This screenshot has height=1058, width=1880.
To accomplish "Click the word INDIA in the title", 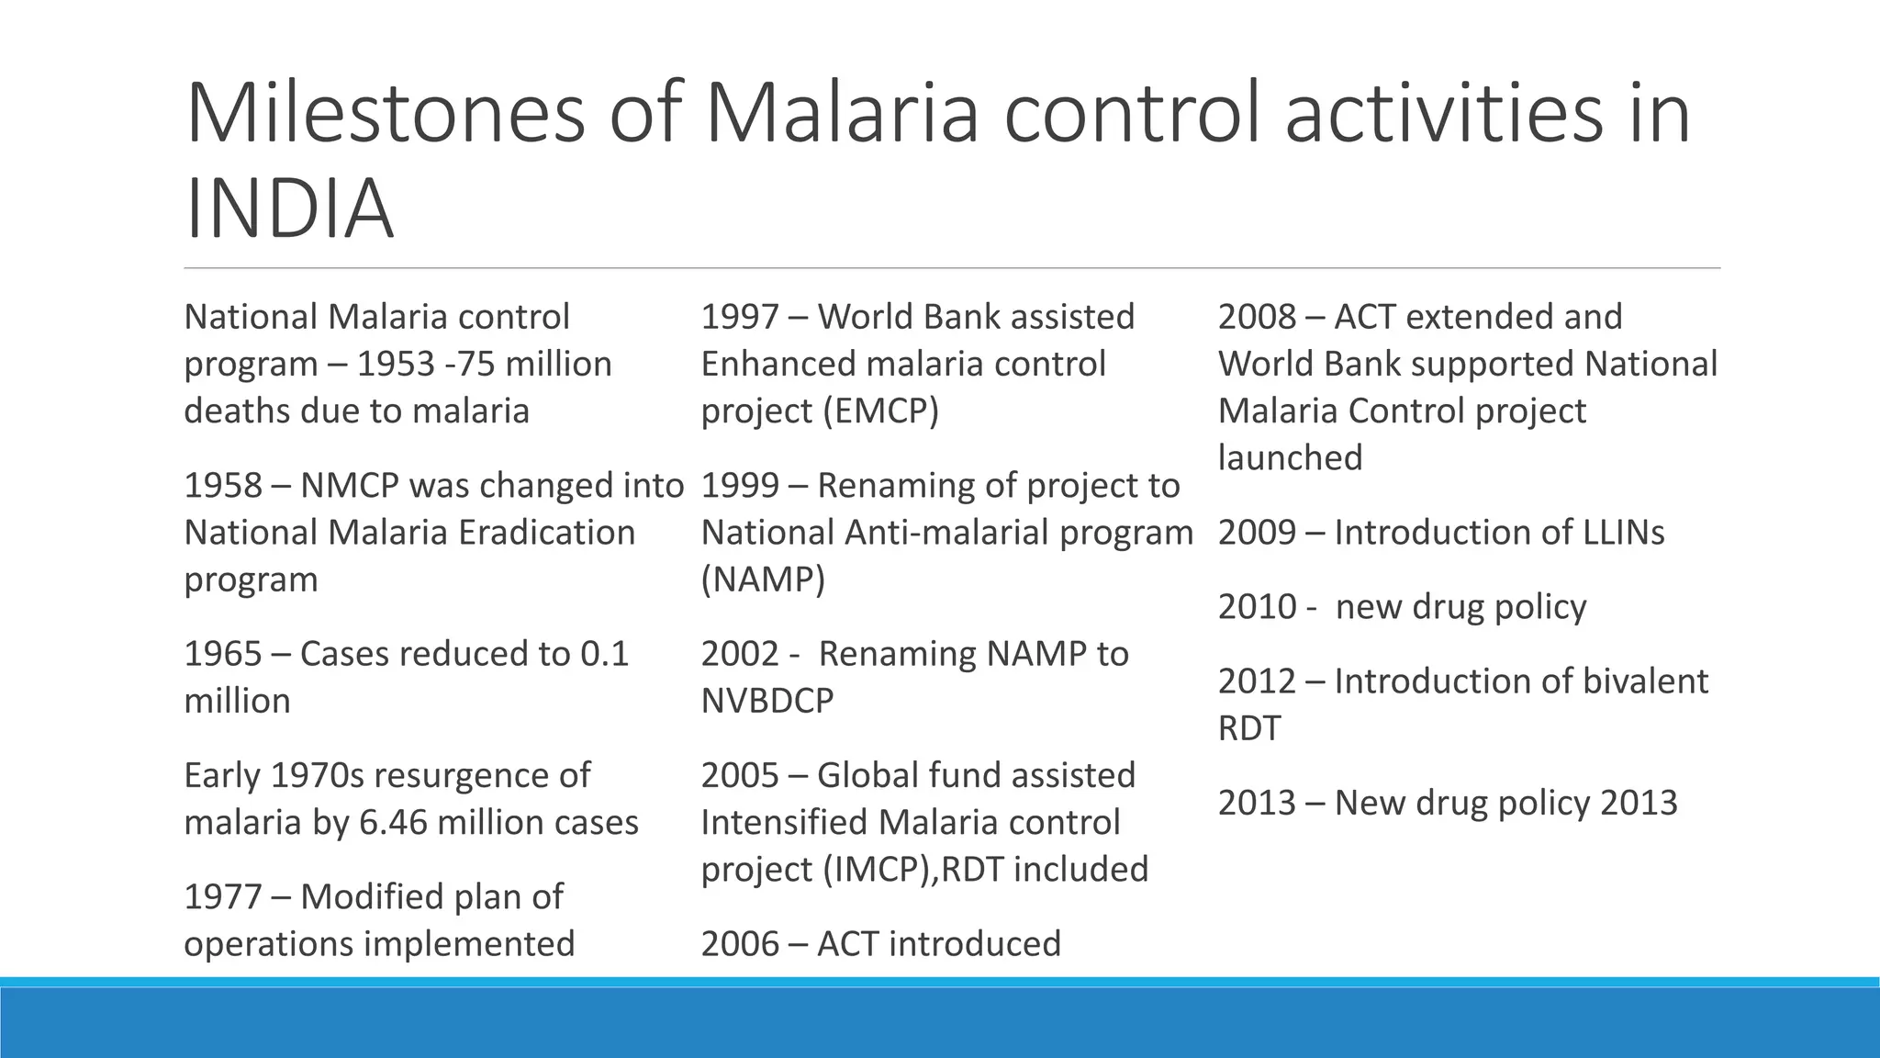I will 289,209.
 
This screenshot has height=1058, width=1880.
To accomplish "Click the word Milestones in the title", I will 385,114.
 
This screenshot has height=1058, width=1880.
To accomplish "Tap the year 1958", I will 223,486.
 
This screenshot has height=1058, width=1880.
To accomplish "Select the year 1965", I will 223,654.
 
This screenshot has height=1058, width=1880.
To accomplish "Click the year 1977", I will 223,897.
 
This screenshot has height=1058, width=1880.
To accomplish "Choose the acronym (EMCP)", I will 881,411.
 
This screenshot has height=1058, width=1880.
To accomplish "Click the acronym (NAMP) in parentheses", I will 763,580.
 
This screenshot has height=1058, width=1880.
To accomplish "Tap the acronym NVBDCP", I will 767,701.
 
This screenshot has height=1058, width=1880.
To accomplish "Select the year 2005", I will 740,775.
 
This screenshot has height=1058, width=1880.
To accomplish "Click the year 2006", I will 740,944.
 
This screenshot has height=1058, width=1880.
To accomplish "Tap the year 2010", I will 1257,607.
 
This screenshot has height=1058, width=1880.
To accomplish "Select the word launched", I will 1290,457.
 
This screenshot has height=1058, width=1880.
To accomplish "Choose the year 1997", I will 740,317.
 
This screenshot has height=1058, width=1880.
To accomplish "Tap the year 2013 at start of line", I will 1257,804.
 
